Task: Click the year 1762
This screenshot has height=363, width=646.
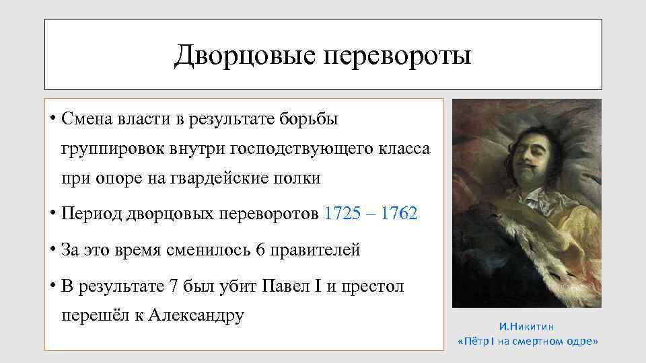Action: (x=398, y=214)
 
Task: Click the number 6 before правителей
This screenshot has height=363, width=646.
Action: (x=261, y=250)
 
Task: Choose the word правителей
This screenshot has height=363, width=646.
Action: (x=316, y=250)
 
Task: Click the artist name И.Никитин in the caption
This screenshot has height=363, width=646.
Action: (x=527, y=327)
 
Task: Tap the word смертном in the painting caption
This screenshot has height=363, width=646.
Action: (x=540, y=341)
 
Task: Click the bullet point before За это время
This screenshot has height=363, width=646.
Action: (x=52, y=251)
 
